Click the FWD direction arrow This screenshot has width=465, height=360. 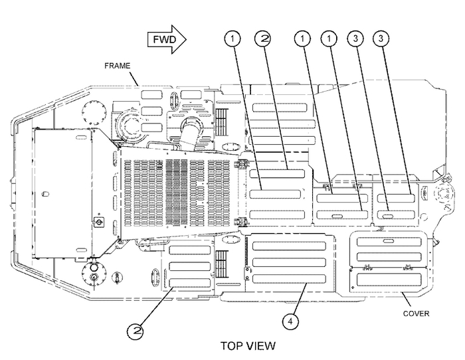click(167, 39)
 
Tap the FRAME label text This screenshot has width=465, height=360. click(118, 66)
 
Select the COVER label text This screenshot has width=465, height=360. click(416, 314)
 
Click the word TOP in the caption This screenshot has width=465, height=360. click(232, 346)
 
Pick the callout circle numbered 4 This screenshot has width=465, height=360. click(290, 321)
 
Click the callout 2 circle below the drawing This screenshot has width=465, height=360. click(136, 331)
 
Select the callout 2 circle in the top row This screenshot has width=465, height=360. click(263, 39)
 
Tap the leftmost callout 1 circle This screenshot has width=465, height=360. click(232, 39)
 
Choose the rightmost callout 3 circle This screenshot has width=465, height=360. click(381, 39)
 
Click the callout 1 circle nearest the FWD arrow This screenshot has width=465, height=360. click(232, 39)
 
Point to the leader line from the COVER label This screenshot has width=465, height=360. click(407, 299)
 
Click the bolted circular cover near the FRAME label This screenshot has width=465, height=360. click(94, 114)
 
